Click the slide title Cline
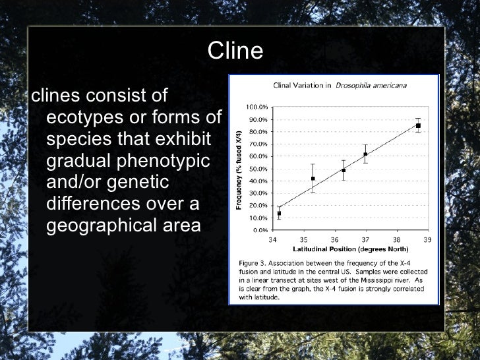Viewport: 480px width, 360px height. click(235, 51)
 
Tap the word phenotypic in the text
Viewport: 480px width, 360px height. click(173, 161)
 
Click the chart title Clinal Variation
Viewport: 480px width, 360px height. click(302, 85)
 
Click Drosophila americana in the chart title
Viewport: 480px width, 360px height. click(371, 85)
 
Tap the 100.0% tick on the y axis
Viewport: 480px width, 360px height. click(256, 107)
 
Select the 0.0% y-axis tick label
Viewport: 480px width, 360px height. click(258, 231)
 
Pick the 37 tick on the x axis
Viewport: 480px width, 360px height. click(365, 239)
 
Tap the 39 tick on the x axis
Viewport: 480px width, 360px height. click(427, 239)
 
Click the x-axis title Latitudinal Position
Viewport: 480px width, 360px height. click(351, 249)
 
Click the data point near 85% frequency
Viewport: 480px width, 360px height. click(418, 125)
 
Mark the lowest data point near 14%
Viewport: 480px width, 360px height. click(279, 214)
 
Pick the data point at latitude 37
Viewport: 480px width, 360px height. click(365, 154)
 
